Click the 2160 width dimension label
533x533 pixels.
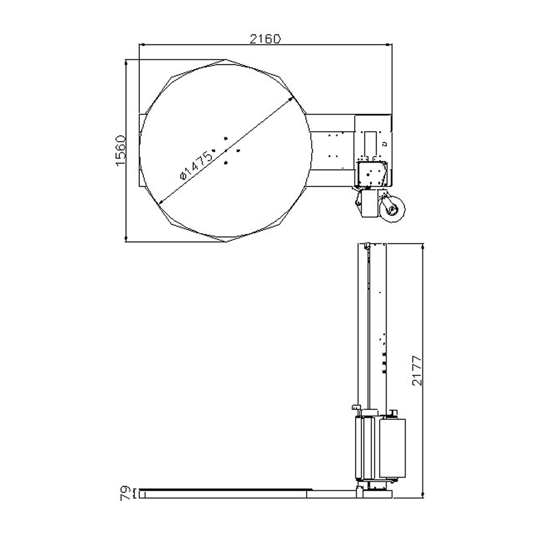coord(265,39)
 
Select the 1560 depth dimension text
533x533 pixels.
coord(121,151)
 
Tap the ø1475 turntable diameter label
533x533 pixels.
coord(196,165)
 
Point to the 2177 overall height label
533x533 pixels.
coord(417,370)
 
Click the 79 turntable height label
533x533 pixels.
coord(125,493)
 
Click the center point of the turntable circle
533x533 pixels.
coord(226,151)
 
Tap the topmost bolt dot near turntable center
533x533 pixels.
coord(226,139)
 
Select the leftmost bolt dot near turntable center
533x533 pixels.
coord(213,151)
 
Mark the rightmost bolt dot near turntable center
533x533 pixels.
coord(238,151)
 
